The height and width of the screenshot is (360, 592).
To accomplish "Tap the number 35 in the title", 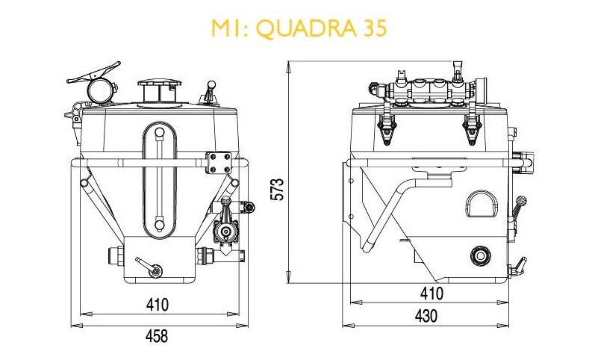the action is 376,28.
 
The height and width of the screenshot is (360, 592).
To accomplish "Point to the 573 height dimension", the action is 278,190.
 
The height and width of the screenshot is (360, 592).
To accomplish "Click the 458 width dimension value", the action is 157,335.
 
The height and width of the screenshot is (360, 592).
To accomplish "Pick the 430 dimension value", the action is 426,316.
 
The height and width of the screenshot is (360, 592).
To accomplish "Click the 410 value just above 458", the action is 157,305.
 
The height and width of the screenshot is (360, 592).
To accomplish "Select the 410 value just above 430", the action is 431,294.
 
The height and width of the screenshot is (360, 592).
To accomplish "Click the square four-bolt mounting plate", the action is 219,162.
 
